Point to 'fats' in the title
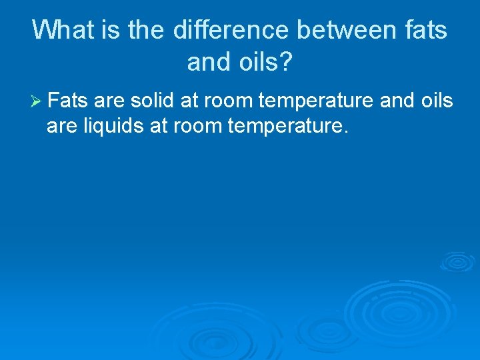[429, 30]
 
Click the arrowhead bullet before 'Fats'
[37, 101]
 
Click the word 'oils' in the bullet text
[436, 101]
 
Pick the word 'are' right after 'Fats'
[109, 101]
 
